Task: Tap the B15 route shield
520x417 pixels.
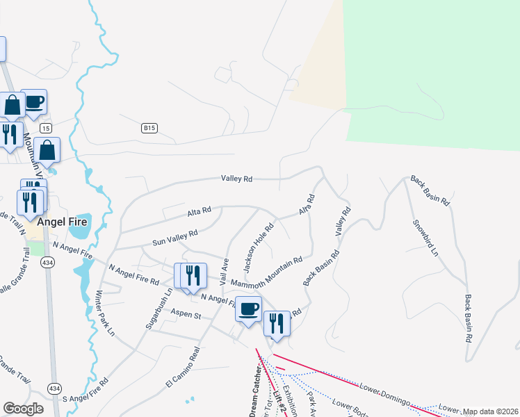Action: point(149,128)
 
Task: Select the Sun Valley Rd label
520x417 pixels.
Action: point(175,238)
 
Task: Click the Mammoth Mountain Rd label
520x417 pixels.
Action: point(266,273)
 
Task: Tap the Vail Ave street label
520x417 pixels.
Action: point(225,271)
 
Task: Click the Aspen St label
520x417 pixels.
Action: point(186,315)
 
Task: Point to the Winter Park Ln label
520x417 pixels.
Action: point(105,312)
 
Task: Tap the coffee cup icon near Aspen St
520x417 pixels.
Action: point(248,309)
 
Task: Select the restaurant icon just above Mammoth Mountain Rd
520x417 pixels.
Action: point(193,275)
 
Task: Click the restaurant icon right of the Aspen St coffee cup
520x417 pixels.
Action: point(277,322)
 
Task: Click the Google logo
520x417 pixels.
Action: point(23,409)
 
